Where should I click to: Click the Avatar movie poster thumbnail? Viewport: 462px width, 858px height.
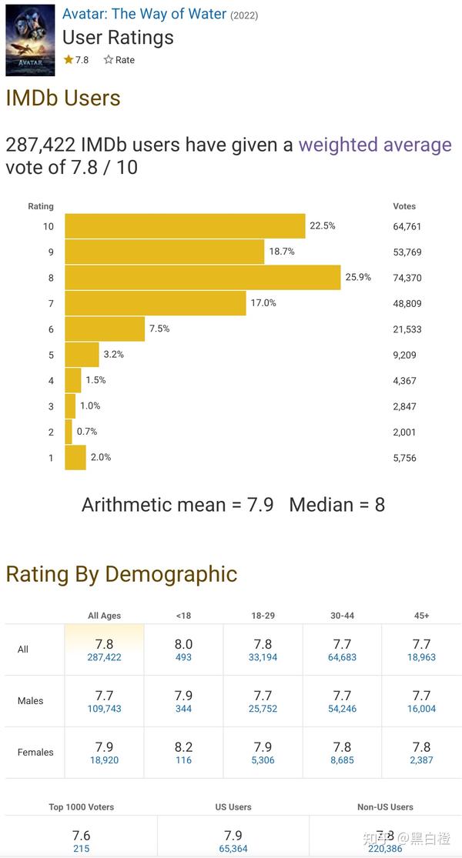30,40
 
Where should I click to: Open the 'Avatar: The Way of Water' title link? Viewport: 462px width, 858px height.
144,14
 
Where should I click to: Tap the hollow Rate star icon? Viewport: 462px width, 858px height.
109,60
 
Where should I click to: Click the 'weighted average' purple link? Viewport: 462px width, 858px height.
375,145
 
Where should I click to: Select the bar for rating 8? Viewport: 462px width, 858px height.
203,278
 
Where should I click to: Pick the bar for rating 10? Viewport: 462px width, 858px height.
185,226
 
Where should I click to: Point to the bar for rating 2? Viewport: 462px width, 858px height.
69,432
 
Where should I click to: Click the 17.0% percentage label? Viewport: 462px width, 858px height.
263,302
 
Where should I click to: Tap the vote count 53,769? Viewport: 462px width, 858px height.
407,252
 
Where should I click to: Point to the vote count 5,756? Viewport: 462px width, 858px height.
404,458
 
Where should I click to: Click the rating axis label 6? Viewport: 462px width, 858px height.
51,329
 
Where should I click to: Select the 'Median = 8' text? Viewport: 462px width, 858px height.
337,505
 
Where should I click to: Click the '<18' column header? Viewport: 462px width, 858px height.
183,616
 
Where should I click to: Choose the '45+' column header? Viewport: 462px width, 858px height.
421,616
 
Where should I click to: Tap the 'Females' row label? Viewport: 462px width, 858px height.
35,753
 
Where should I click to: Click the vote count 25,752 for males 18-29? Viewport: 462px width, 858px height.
263,709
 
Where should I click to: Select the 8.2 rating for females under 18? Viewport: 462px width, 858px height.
183,747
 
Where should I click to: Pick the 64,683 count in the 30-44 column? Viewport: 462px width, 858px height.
342,657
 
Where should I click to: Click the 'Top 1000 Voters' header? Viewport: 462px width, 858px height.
82,807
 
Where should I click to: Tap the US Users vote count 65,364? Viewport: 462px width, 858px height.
233,849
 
